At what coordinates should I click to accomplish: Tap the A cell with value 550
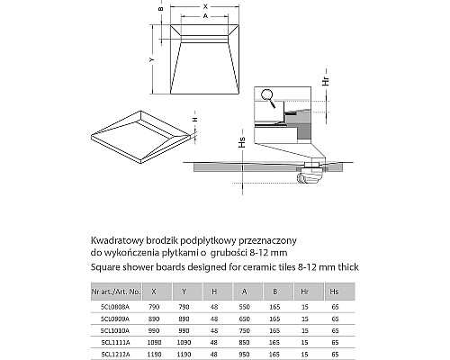point(244,306)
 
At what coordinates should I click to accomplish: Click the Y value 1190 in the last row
point(185,354)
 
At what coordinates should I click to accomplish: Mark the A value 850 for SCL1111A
point(244,342)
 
